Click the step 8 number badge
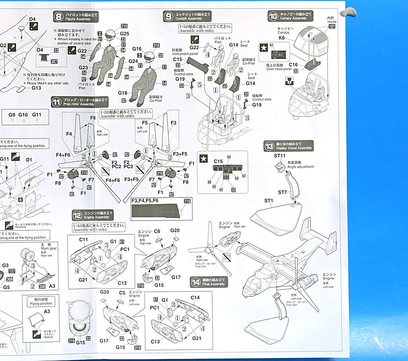(x=58, y=16)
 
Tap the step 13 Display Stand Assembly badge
(x=269, y=146)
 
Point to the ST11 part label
(x=280, y=156)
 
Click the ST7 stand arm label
(x=282, y=193)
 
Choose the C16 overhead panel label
(x=293, y=65)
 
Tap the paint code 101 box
(x=332, y=26)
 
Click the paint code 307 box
(x=54, y=61)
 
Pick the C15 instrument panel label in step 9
(x=177, y=59)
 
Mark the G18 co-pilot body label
(x=123, y=93)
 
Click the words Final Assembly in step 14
(x=213, y=284)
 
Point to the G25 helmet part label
(x=124, y=34)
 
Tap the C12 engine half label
(x=122, y=283)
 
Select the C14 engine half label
(x=195, y=298)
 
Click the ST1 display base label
(x=269, y=201)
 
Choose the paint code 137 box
(x=12, y=271)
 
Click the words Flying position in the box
(x=41, y=304)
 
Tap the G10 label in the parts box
(x=23, y=115)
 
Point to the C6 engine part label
(x=157, y=231)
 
